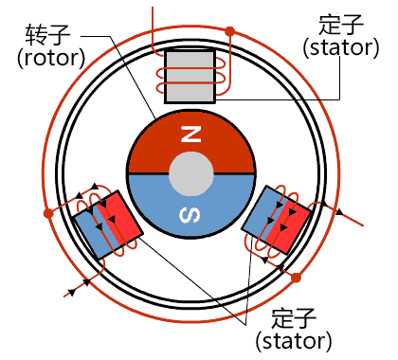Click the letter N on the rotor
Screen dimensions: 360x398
(190, 135)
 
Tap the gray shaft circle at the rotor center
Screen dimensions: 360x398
(190, 175)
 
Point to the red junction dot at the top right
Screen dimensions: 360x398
(229, 31)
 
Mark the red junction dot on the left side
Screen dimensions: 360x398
(47, 215)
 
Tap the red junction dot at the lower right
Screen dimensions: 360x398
(297, 278)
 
